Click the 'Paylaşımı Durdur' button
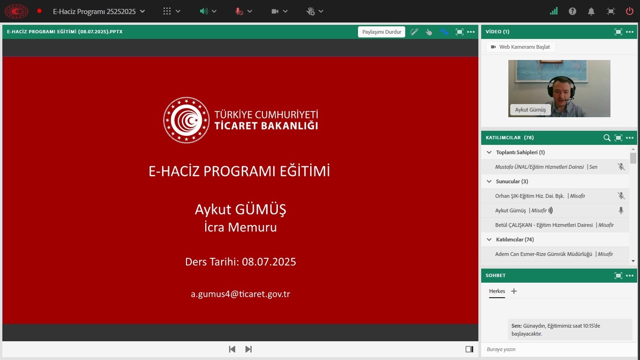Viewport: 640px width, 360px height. pos(381,32)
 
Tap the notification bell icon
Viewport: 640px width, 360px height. pos(591,11)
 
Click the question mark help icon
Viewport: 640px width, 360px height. pos(572,11)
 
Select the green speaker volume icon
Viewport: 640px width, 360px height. pos(204,11)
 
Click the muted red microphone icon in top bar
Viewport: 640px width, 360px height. pos(239,11)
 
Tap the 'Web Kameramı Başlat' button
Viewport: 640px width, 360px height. pos(521,47)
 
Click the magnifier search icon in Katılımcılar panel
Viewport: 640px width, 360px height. pos(607,138)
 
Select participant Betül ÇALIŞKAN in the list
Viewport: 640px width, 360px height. pos(543,225)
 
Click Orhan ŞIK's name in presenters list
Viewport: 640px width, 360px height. pos(530,196)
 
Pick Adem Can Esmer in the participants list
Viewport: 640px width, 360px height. pos(543,254)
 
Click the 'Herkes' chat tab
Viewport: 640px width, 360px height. pos(497,291)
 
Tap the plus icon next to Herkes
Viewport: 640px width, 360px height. pos(513,291)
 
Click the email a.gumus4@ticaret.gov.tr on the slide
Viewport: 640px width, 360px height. pos(240,294)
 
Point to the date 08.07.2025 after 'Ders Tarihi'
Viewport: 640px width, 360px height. pos(269,262)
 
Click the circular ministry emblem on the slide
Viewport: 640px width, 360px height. pos(186,120)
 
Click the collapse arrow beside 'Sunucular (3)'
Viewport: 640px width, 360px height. pos(489,181)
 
